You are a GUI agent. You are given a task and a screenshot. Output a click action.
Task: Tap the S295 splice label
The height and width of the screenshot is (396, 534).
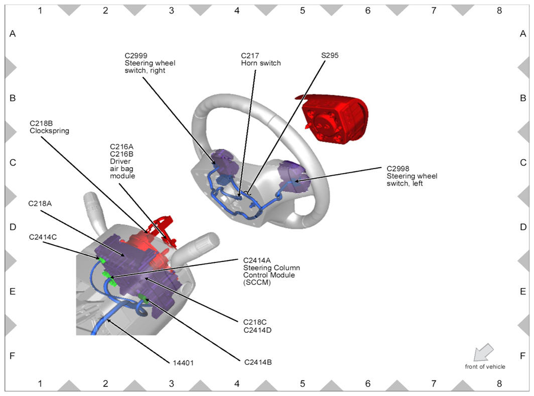[330, 56]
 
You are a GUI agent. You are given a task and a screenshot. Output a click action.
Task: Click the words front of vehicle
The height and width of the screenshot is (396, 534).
[485, 366]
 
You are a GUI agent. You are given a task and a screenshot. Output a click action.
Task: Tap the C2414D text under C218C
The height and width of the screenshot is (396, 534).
[257, 330]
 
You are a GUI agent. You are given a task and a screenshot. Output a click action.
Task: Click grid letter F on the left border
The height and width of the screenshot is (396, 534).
[13, 356]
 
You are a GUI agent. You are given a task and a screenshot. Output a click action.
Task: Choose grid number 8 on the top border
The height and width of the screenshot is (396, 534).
[499, 11]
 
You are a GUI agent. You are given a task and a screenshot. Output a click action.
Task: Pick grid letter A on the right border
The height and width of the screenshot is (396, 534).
[523, 34]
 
